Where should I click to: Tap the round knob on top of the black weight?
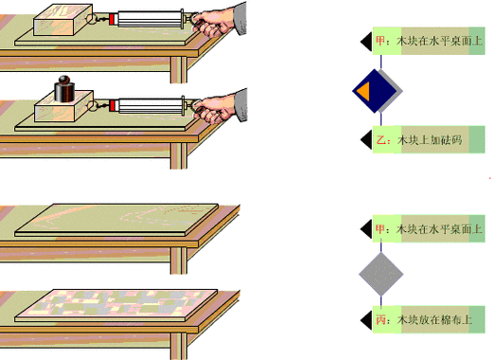(64, 80)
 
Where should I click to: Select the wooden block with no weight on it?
(62, 20)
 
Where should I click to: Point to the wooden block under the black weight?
(63, 106)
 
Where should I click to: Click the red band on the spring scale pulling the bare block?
(112, 19)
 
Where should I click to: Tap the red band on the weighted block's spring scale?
(113, 105)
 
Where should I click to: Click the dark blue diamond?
(375, 91)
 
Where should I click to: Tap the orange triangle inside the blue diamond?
(364, 91)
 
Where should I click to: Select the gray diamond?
(381, 274)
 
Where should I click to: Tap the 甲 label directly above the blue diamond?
(429, 41)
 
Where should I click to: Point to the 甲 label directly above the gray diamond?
(429, 228)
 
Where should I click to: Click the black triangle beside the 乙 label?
(366, 139)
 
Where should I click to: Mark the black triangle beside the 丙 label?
(366, 320)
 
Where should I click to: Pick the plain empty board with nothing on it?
(116, 220)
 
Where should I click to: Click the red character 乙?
(381, 139)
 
